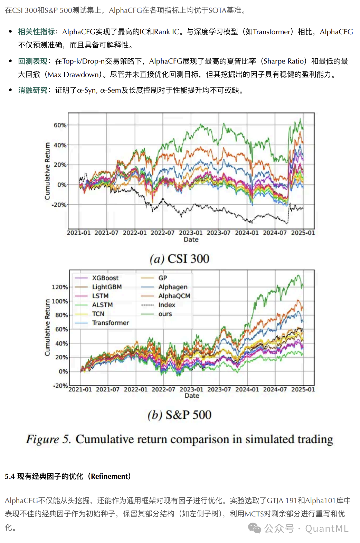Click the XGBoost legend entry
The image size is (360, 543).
pyautogui.click(x=105, y=278)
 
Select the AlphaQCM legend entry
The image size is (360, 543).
pyautogui.click(x=174, y=296)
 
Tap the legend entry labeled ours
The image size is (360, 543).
pyautogui.click(x=165, y=314)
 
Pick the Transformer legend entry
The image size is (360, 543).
pyautogui.click(x=110, y=323)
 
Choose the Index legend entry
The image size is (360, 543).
pyautogui.click(x=167, y=305)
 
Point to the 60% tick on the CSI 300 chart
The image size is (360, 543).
pyautogui.click(x=60, y=125)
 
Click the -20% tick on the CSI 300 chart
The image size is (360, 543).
pyautogui.click(x=59, y=205)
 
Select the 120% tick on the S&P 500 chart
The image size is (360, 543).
pyautogui.click(x=59, y=287)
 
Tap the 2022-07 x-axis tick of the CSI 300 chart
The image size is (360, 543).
pyautogui.click(x=163, y=233)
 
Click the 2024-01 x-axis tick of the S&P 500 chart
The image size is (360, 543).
pyautogui.click(x=247, y=389)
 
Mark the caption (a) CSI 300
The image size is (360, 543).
pyautogui.click(x=179, y=259)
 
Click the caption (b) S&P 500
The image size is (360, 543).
pyautogui.click(x=179, y=415)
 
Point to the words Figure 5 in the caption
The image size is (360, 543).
pyautogui.click(x=48, y=439)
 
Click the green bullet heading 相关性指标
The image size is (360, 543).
pyautogui.click(x=36, y=32)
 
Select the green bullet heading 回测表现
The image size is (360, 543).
pyautogui.click(x=33, y=61)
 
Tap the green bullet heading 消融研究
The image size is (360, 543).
pyautogui.click(x=33, y=90)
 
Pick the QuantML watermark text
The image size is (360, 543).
pyautogui.click(x=326, y=528)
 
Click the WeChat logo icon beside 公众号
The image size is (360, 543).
pyautogui.click(x=255, y=528)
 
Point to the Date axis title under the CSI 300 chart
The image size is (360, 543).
pyautogui.click(x=191, y=240)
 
